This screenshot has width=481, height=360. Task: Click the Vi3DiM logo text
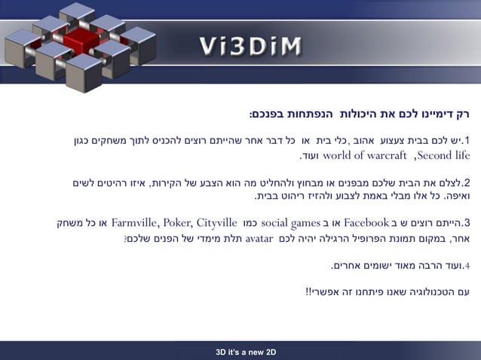[251, 46]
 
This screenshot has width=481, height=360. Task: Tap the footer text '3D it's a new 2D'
[246, 352]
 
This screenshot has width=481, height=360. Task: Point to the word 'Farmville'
[139, 223]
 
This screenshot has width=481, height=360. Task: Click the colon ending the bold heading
[251, 114]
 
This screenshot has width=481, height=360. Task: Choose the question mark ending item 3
[126, 239]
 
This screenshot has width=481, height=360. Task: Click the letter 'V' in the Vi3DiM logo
[210, 46]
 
